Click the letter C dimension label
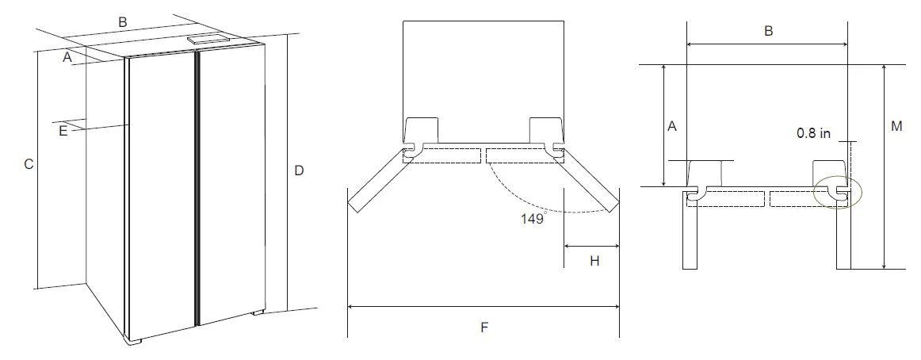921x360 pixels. (29, 165)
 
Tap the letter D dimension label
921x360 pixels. (299, 170)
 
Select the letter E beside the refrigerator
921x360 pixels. (63, 131)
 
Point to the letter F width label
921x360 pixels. (483, 326)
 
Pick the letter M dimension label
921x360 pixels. (896, 127)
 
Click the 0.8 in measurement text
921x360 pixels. (813, 134)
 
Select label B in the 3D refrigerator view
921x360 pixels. (123, 22)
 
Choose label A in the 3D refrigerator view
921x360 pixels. (68, 57)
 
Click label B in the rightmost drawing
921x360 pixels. (768, 31)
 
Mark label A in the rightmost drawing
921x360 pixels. (672, 126)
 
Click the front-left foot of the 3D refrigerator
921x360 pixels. (134, 342)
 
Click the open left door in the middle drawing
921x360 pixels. (378, 182)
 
